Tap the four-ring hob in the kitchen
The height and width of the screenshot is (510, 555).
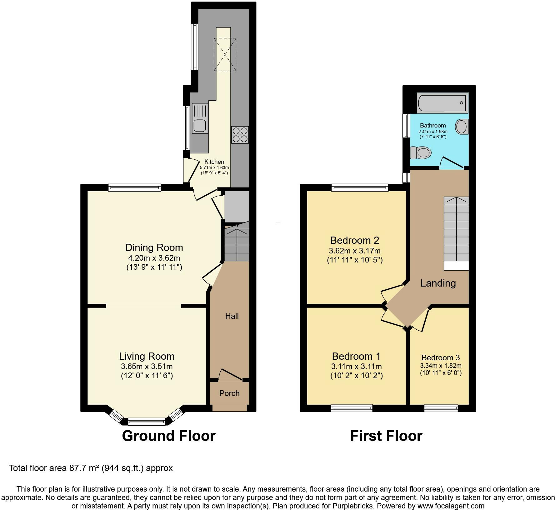[240, 135]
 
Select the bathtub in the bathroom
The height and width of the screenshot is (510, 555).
[442, 103]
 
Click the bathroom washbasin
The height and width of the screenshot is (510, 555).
[462, 127]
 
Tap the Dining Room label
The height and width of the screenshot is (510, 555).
[154, 247]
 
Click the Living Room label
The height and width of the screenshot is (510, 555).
[147, 356]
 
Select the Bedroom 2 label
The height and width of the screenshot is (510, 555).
[355, 240]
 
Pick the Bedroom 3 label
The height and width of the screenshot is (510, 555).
[441, 358]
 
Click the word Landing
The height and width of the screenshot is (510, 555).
[438, 283]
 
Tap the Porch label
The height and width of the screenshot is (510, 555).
[229, 393]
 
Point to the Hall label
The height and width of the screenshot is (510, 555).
[232, 316]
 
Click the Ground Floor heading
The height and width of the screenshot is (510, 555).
[169, 436]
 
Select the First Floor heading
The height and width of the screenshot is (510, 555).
[386, 436]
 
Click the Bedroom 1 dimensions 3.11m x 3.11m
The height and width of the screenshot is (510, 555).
[357, 366]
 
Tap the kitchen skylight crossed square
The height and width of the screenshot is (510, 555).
[225, 54]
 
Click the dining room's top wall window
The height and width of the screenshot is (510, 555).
[135, 187]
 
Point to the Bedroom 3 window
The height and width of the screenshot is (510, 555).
[441, 408]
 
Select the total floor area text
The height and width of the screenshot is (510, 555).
[91, 468]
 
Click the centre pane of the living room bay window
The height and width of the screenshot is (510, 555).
[147, 422]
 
